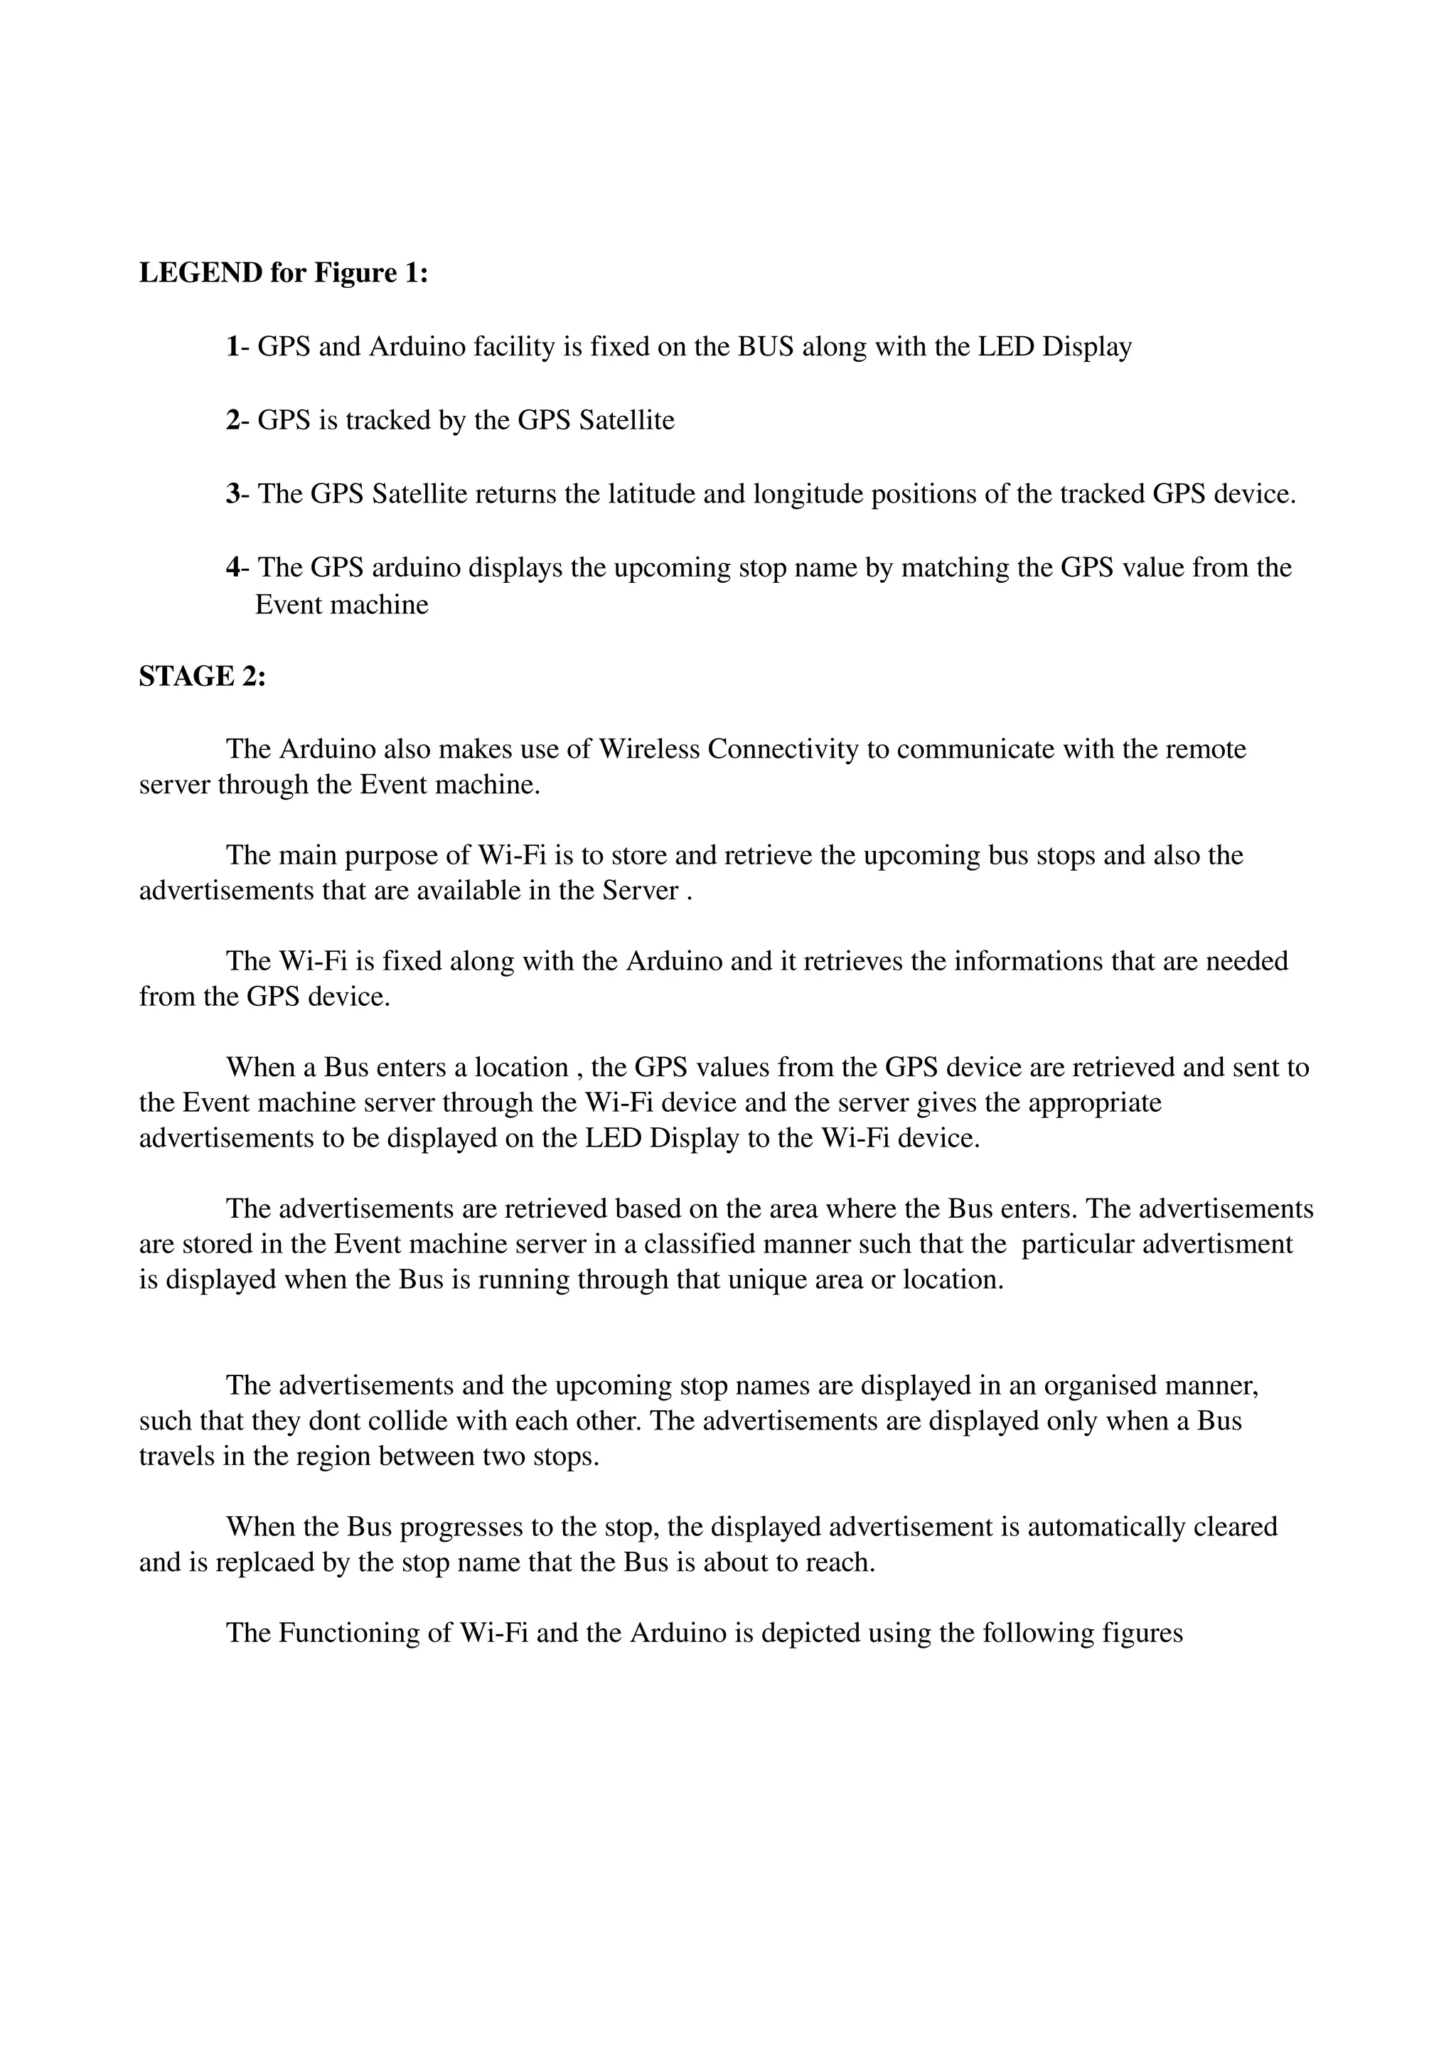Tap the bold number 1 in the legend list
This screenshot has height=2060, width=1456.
point(232,346)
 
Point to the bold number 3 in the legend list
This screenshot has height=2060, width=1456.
point(232,494)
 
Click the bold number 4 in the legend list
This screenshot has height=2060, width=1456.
point(232,568)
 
